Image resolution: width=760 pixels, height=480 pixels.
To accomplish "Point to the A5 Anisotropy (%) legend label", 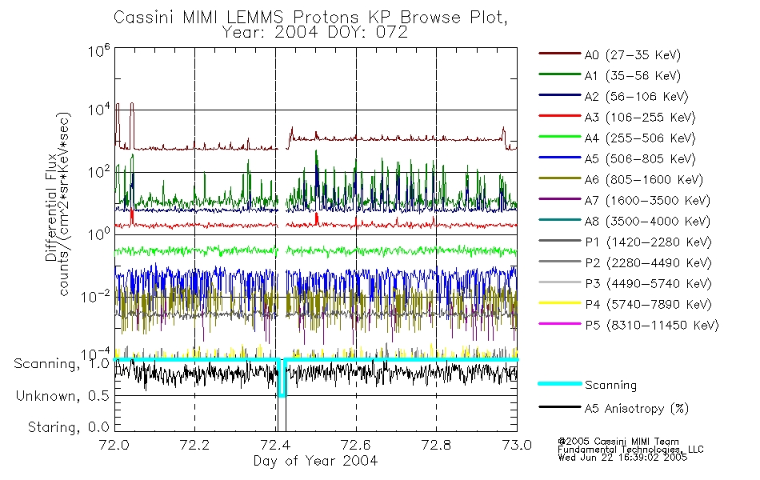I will pos(636,409).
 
